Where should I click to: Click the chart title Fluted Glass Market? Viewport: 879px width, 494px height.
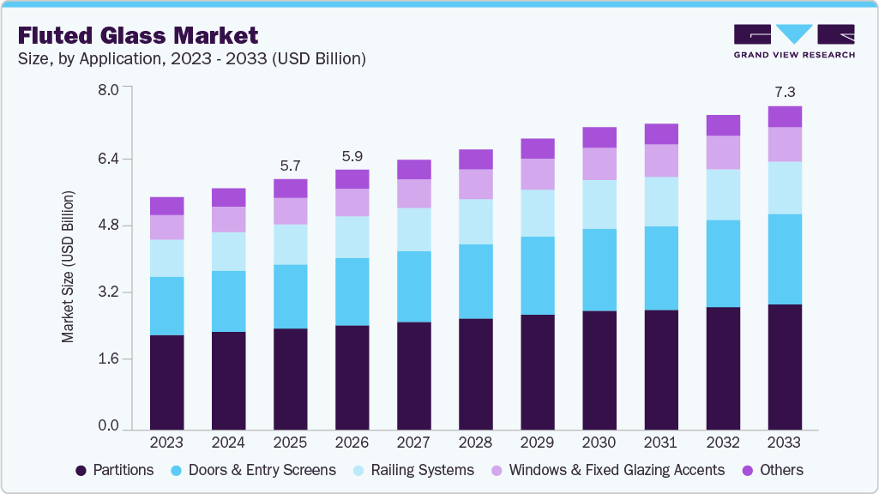pyautogui.click(x=138, y=35)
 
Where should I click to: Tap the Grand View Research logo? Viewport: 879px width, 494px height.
pyautogui.click(x=793, y=41)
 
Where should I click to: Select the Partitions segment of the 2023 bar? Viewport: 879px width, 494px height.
pyautogui.click(x=166, y=382)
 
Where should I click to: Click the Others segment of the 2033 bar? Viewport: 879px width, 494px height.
pyautogui.click(x=785, y=117)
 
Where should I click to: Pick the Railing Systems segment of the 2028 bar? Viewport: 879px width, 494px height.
pyautogui.click(x=476, y=221)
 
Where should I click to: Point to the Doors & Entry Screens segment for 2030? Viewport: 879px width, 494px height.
pyautogui.click(x=599, y=269)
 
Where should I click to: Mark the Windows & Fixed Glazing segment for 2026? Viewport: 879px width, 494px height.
pyautogui.click(x=352, y=202)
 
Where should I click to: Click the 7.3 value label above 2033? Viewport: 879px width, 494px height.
pyautogui.click(x=785, y=91)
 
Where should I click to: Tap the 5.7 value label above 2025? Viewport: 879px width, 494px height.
pyautogui.click(x=290, y=165)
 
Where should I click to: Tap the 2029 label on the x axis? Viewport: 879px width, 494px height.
pyautogui.click(x=538, y=443)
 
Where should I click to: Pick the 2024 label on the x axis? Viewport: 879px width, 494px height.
pyautogui.click(x=228, y=443)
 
